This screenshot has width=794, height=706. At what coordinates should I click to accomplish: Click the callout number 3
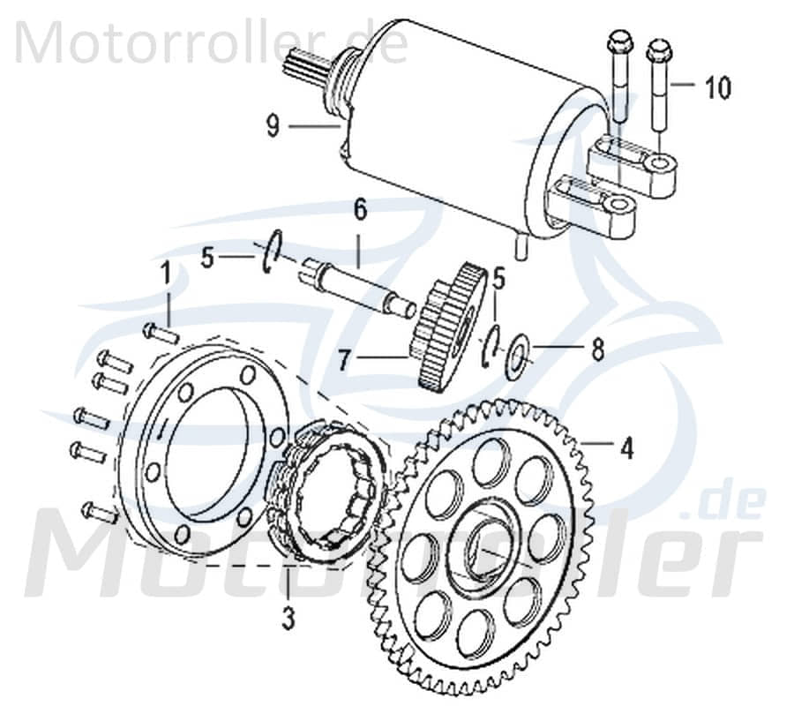[288, 619]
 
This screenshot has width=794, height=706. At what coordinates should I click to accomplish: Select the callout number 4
[626, 448]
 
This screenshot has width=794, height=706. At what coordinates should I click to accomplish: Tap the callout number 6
[359, 212]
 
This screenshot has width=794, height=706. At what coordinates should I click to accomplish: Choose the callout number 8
[597, 350]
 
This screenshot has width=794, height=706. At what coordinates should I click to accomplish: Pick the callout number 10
[717, 88]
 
